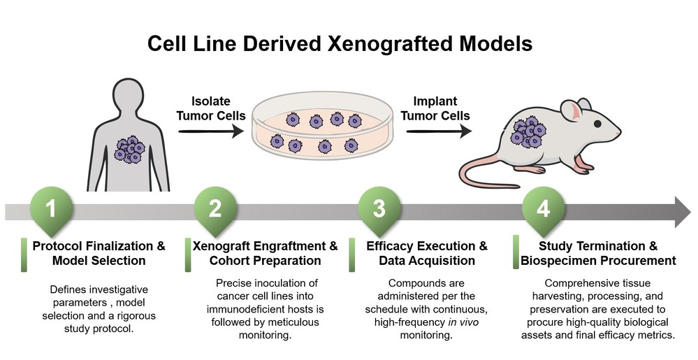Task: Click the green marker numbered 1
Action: point(51,208)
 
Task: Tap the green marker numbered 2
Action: point(216,208)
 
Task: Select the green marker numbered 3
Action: point(379,208)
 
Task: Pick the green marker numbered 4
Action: point(544,208)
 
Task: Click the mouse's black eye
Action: point(599,124)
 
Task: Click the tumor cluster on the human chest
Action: point(131,148)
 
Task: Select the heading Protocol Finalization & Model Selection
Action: point(99,253)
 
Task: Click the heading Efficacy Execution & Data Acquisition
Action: point(426,253)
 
